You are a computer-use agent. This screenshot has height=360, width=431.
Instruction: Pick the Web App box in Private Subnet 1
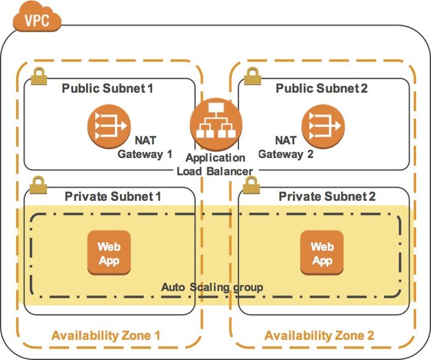pos(109,253)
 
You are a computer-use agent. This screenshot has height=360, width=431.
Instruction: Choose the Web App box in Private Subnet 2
pos(322,253)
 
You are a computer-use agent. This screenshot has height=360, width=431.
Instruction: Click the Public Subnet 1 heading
pos(108,89)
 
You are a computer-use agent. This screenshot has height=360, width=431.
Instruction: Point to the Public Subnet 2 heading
pos(322,89)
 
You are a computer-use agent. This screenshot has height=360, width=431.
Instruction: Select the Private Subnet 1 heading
pos(112,197)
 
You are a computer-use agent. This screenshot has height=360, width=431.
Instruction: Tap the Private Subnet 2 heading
pos(328,197)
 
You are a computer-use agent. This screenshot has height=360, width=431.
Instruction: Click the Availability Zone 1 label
pos(106,335)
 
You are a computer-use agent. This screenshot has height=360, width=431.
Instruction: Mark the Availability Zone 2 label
pos(319,335)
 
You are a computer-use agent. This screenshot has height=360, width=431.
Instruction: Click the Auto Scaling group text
pos(212,287)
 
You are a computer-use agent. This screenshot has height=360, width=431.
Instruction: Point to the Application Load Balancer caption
pos(215,165)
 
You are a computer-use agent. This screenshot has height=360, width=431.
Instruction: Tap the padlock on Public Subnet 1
pos(39,76)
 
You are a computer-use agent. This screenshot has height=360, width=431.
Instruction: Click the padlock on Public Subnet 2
pos(252,76)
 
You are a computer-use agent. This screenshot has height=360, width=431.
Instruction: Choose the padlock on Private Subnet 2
pos(252,185)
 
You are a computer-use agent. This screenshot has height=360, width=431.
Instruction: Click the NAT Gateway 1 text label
pos(144,147)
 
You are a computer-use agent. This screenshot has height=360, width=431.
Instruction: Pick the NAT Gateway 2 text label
pos(286,147)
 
